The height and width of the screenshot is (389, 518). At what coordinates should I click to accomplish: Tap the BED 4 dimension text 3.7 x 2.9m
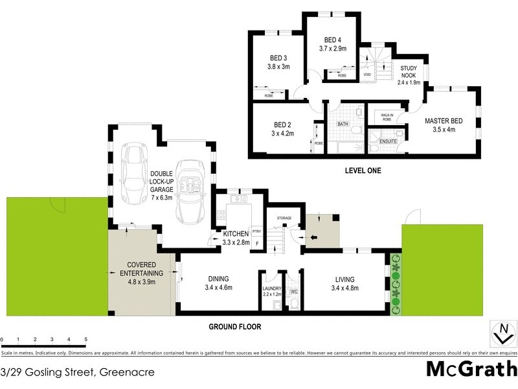[x=333, y=48]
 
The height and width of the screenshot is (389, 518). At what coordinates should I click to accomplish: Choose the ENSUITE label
[x=388, y=139]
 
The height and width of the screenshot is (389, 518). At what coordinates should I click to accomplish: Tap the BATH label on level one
[x=343, y=123]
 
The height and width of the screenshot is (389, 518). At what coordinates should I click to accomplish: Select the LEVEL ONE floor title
[x=363, y=171]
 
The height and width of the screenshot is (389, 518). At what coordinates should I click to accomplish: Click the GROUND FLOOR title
[x=235, y=327]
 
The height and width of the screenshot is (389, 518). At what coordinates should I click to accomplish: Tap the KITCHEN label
[x=236, y=233]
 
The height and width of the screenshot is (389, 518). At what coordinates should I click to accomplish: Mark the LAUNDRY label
[x=271, y=289]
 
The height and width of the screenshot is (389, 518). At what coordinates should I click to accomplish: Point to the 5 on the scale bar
[x=85, y=339]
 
